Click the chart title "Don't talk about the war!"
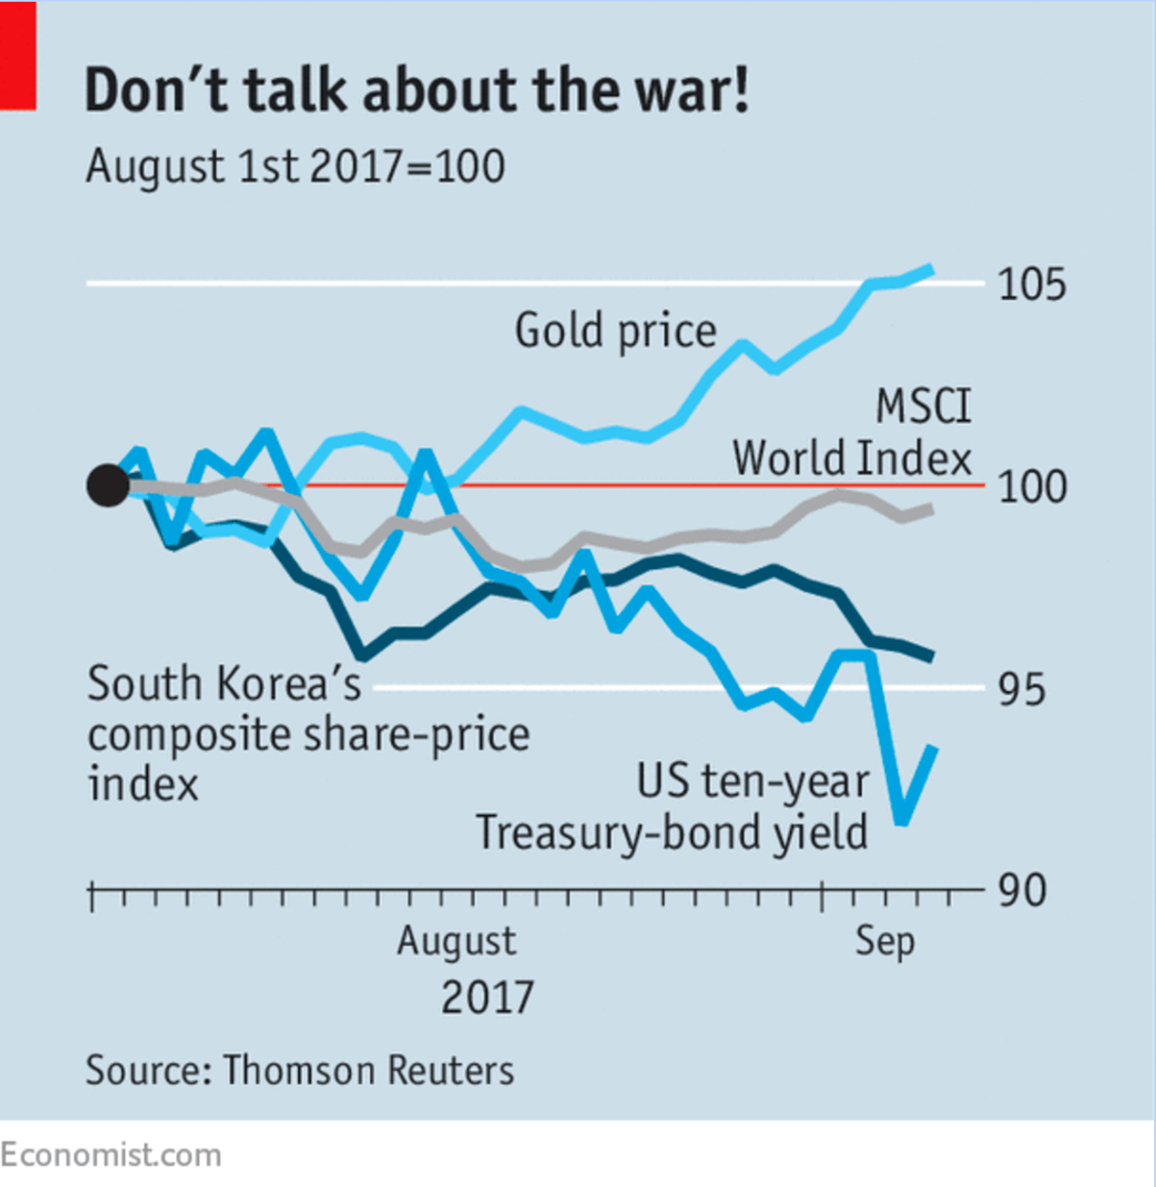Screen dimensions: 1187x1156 tap(417, 90)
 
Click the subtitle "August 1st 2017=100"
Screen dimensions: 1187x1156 tap(295, 167)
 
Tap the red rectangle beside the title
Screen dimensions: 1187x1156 tap(18, 56)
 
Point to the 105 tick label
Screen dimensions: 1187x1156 tap(1031, 285)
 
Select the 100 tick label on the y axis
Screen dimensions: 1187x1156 tap(1031, 487)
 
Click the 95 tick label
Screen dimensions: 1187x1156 tap(1021, 690)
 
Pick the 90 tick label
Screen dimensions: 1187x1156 tap(1021, 891)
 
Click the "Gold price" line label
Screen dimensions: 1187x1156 tap(616, 331)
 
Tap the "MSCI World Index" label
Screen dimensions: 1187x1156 tap(851, 434)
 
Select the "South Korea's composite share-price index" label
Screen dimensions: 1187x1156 tap(307, 734)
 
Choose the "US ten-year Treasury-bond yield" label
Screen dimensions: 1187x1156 tap(672, 807)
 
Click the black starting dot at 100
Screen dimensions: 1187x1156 tap(108, 486)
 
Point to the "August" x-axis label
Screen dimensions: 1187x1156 tap(456, 941)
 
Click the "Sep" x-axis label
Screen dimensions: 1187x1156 tap(885, 942)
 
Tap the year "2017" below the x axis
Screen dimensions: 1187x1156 tap(487, 998)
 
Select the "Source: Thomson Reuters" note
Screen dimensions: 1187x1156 tap(300, 1070)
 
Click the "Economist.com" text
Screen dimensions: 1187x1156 tap(111, 1155)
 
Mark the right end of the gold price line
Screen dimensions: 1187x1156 tap(932, 268)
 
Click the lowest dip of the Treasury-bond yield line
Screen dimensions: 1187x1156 tap(901, 821)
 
